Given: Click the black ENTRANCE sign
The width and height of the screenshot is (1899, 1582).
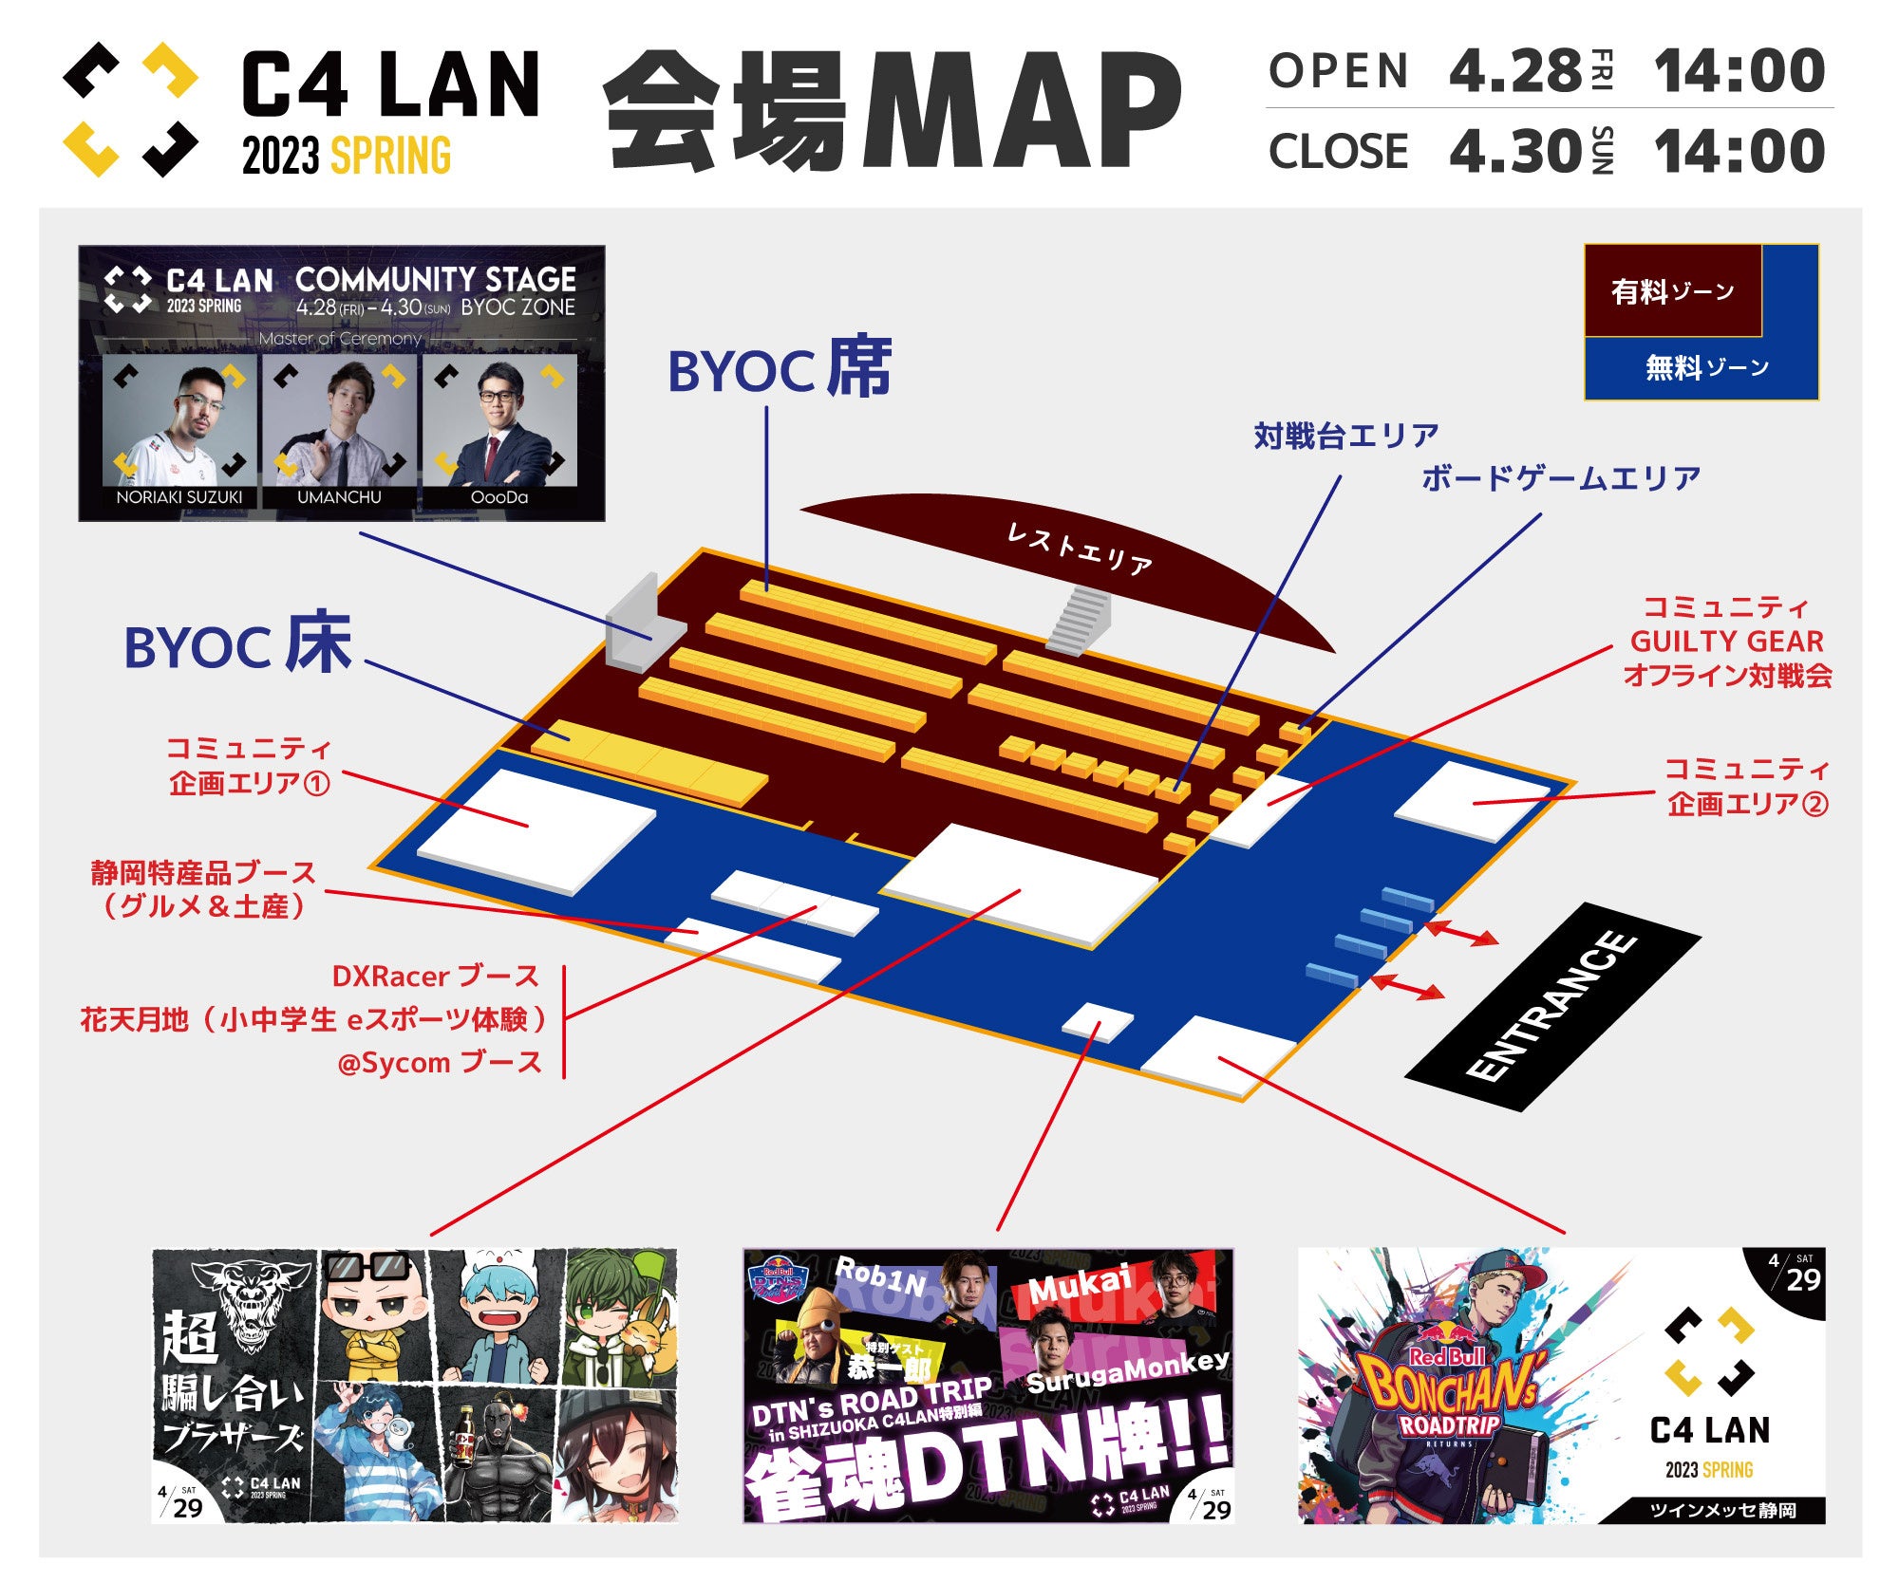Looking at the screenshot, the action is coord(1551,1006).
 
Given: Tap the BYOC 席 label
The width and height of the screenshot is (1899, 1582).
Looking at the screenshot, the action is coord(780,369).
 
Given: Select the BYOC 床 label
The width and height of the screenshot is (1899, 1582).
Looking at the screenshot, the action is coord(237,646).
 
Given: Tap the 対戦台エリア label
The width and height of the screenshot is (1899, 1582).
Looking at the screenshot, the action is coord(1345,436).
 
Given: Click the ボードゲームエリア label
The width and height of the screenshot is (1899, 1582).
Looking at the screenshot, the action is coord(1560,478).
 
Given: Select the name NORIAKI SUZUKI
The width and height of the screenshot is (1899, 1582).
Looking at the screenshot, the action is coord(179,497).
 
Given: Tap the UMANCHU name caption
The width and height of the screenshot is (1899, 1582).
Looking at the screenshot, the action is coord(339,497).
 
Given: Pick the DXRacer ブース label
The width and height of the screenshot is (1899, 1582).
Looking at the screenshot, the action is coord(435,977).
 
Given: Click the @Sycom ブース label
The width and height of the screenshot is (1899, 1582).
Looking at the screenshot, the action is coord(440,1063).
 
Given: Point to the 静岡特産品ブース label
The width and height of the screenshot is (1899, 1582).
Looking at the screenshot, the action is coord(203,873).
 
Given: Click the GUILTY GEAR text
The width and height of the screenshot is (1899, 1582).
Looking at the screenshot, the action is coord(1726,642).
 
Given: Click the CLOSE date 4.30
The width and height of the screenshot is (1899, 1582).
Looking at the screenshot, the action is coord(1515,152).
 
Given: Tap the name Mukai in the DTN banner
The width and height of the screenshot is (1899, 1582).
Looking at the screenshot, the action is coord(1080,1286).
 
